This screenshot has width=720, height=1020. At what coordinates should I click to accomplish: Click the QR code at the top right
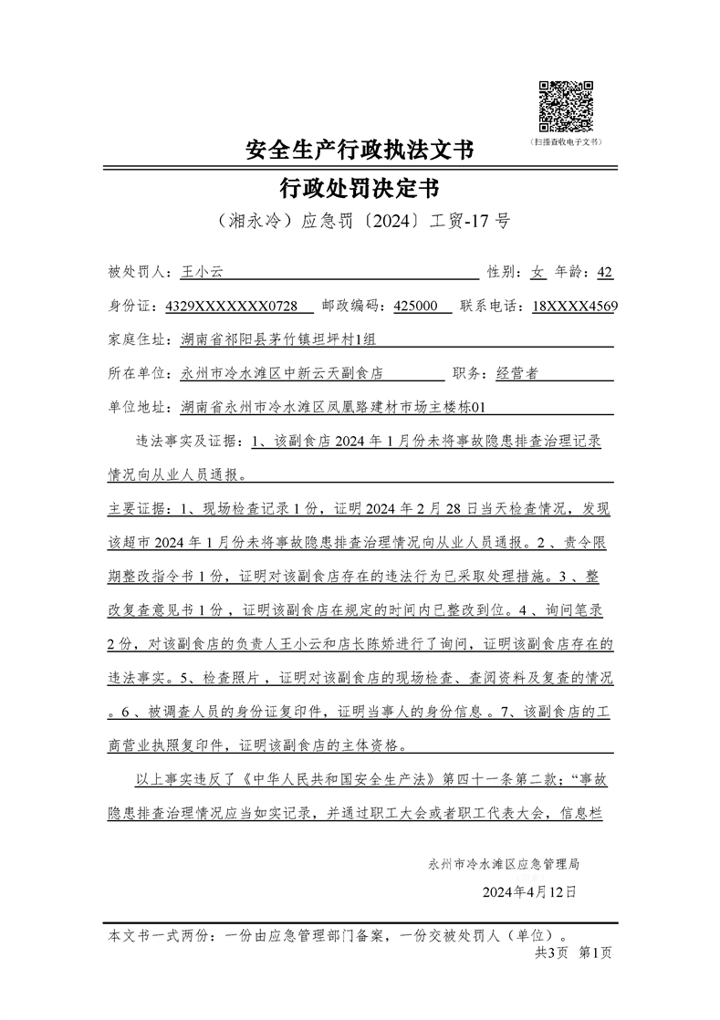click(566, 106)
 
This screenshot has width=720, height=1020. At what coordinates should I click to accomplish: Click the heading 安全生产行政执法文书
click(360, 149)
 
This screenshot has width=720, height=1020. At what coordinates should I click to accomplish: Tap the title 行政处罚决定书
click(360, 189)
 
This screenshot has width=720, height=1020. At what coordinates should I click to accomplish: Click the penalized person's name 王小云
click(203, 272)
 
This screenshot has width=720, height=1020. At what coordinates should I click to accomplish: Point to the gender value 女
click(538, 272)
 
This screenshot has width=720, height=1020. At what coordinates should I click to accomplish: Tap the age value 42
click(604, 272)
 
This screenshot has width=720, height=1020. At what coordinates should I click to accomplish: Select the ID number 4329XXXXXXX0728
click(231, 307)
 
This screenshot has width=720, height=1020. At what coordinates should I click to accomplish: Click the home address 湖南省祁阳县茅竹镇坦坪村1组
click(277, 340)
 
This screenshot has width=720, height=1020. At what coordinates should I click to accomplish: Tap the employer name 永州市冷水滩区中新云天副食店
click(281, 373)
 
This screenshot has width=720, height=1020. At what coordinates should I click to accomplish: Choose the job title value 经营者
click(517, 373)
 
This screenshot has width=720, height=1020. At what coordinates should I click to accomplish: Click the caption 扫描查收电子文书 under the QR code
click(566, 142)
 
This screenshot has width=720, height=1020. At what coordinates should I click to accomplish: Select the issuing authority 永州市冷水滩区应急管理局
click(504, 862)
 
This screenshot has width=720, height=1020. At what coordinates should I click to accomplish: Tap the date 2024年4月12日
click(529, 890)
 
